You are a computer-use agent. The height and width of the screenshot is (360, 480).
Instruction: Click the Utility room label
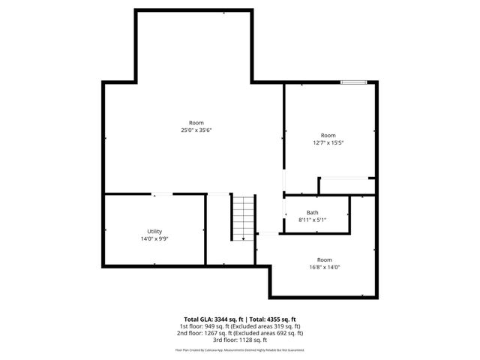pyautogui.click(x=154, y=232)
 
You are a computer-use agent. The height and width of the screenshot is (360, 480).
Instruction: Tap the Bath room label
pyautogui.click(x=312, y=212)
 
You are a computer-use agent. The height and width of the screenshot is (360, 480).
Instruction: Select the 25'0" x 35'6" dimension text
pyautogui.click(x=196, y=130)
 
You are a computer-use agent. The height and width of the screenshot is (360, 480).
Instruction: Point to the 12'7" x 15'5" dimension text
pyautogui.click(x=328, y=142)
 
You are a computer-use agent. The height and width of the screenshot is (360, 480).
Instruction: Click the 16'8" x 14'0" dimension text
pyautogui.click(x=323, y=267)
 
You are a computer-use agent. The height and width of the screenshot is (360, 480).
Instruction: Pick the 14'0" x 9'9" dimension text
pyautogui.click(x=154, y=239)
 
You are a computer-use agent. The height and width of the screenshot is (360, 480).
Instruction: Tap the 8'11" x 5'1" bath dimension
pyautogui.click(x=312, y=220)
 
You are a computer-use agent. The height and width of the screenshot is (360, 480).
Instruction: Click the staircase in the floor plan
pyautogui.click(x=243, y=217)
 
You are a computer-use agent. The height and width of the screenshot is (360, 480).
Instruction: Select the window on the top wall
pyautogui.click(x=353, y=82)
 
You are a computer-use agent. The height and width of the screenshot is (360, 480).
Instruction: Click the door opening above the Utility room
pyautogui.click(x=161, y=194)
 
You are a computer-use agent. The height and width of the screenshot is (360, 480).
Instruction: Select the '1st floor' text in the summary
pyautogui.click(x=190, y=326)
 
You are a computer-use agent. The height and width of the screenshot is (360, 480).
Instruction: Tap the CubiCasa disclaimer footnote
pyautogui.click(x=239, y=349)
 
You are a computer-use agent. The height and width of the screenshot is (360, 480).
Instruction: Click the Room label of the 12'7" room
pyautogui.click(x=328, y=135)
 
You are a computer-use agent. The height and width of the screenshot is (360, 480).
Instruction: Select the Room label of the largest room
pyautogui.click(x=196, y=123)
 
